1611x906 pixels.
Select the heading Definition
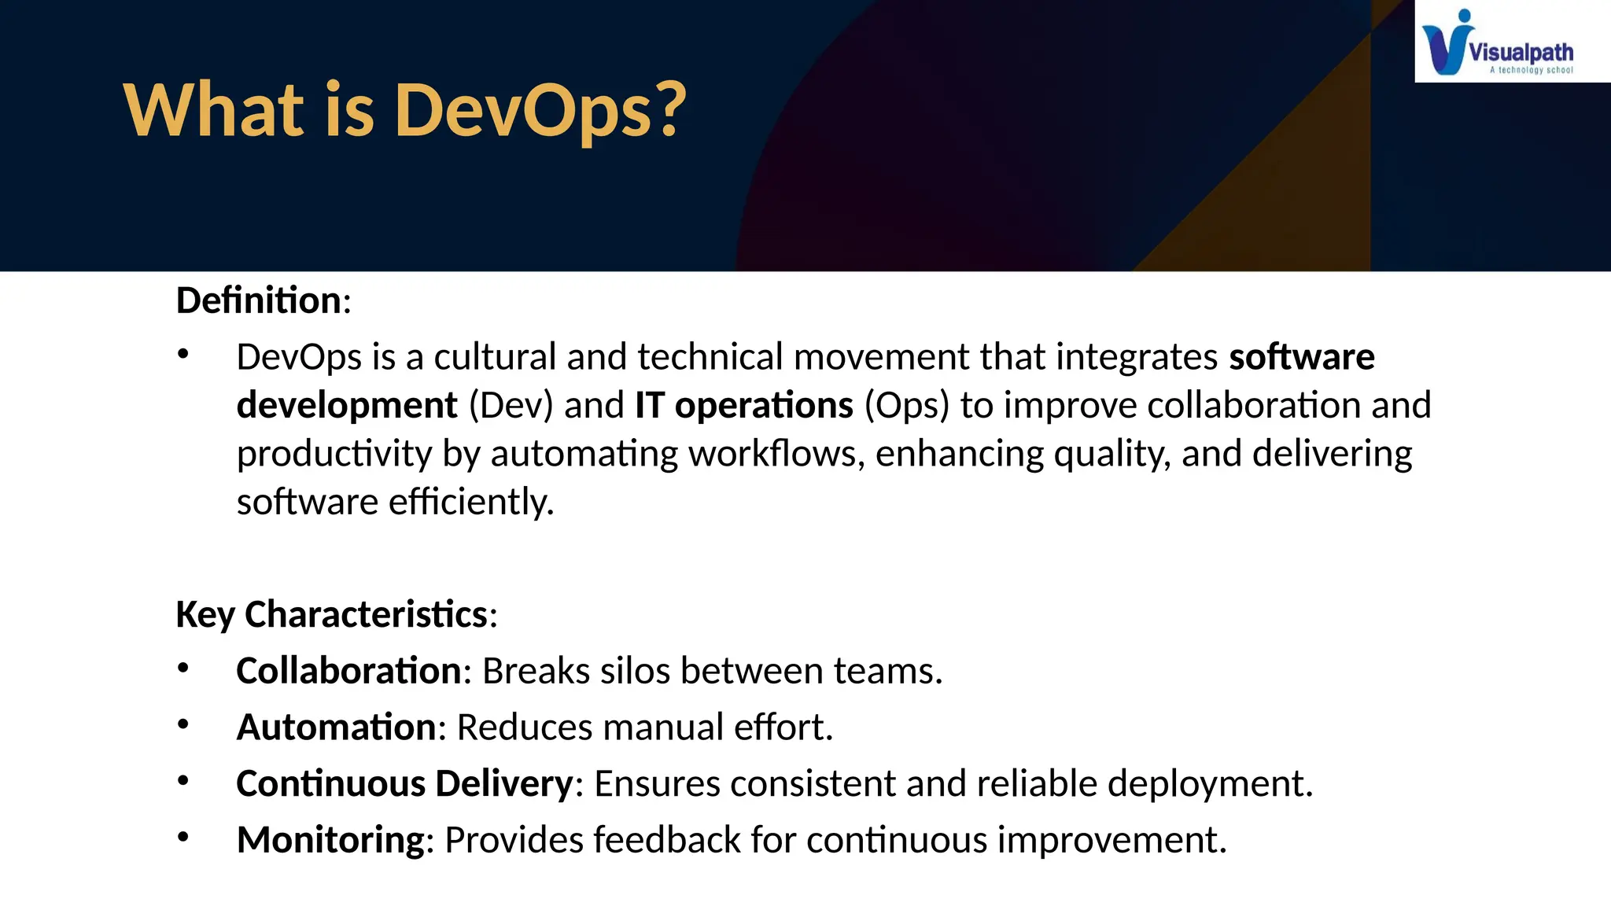pos(259,300)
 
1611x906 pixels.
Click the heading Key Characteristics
pos(331,614)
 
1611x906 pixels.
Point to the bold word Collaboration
pos(348,671)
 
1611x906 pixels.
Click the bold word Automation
pos(336,727)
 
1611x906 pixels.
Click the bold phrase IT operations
pos(744,406)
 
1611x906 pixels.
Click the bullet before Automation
pos(183,724)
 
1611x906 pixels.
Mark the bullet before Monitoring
pos(183,838)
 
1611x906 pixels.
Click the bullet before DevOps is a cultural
pos(183,354)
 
